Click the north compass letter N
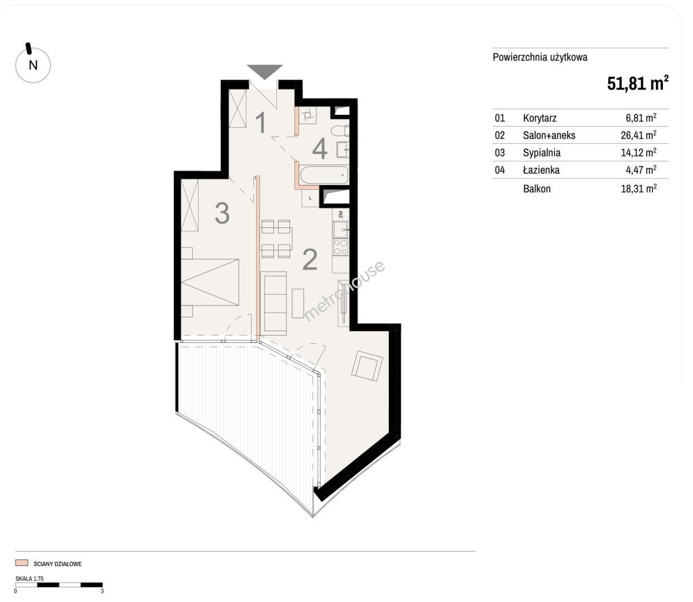[x=33, y=65]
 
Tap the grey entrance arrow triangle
[x=264, y=71]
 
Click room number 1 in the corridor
[x=261, y=123]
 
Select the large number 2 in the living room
[x=310, y=259]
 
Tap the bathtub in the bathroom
[x=324, y=175]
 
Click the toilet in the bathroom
[x=340, y=130]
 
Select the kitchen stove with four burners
[x=340, y=247]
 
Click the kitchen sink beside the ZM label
[x=341, y=230]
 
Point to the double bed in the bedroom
[x=210, y=282]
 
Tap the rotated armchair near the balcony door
[x=367, y=366]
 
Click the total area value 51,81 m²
[x=638, y=83]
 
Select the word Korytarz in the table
[x=540, y=118]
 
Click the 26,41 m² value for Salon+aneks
[x=638, y=135]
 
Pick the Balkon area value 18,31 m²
[x=638, y=188]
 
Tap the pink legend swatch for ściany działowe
[x=22, y=563]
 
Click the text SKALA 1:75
[x=30, y=579]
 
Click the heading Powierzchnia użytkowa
[x=540, y=57]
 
